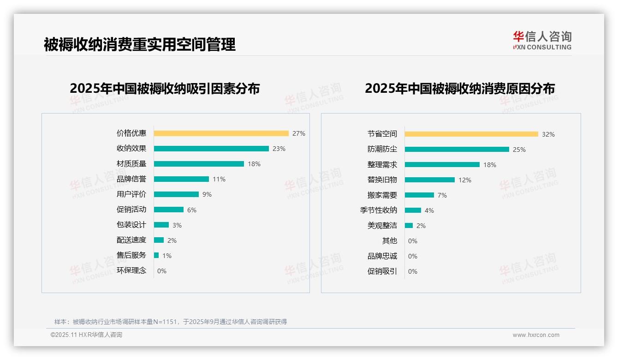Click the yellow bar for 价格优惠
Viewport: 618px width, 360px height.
(x=221, y=133)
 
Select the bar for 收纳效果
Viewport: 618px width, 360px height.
(x=211, y=149)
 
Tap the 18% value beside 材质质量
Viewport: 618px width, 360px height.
(x=254, y=164)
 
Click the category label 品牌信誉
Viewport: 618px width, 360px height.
(x=131, y=179)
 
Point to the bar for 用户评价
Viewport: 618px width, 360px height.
(x=176, y=194)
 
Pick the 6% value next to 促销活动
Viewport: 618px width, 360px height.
(x=192, y=210)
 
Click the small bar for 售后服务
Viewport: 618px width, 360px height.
(x=156, y=255)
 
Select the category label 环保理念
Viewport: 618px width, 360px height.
(x=131, y=270)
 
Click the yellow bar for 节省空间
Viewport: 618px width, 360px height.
(x=471, y=134)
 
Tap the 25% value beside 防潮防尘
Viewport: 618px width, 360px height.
(x=519, y=150)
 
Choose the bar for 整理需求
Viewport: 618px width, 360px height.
(x=442, y=165)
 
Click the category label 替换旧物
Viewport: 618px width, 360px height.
(x=382, y=180)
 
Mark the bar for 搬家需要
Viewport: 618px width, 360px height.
(x=419, y=195)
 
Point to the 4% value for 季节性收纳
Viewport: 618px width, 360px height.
(x=429, y=210)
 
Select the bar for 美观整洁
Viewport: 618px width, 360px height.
(x=409, y=226)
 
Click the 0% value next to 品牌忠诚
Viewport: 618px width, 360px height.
(x=413, y=256)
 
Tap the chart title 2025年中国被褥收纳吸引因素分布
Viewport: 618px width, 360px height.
(x=165, y=88)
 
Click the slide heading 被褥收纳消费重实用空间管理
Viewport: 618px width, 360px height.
(x=140, y=44)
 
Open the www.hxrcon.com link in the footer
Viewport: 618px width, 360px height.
(x=536, y=335)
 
